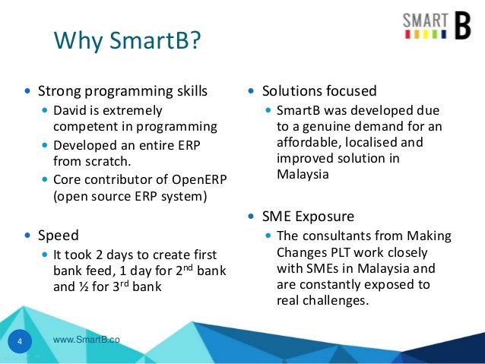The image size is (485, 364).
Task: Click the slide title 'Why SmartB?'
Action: point(126,40)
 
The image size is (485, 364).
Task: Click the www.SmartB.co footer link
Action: point(87,339)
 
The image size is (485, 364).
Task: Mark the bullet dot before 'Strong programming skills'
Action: point(28,92)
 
